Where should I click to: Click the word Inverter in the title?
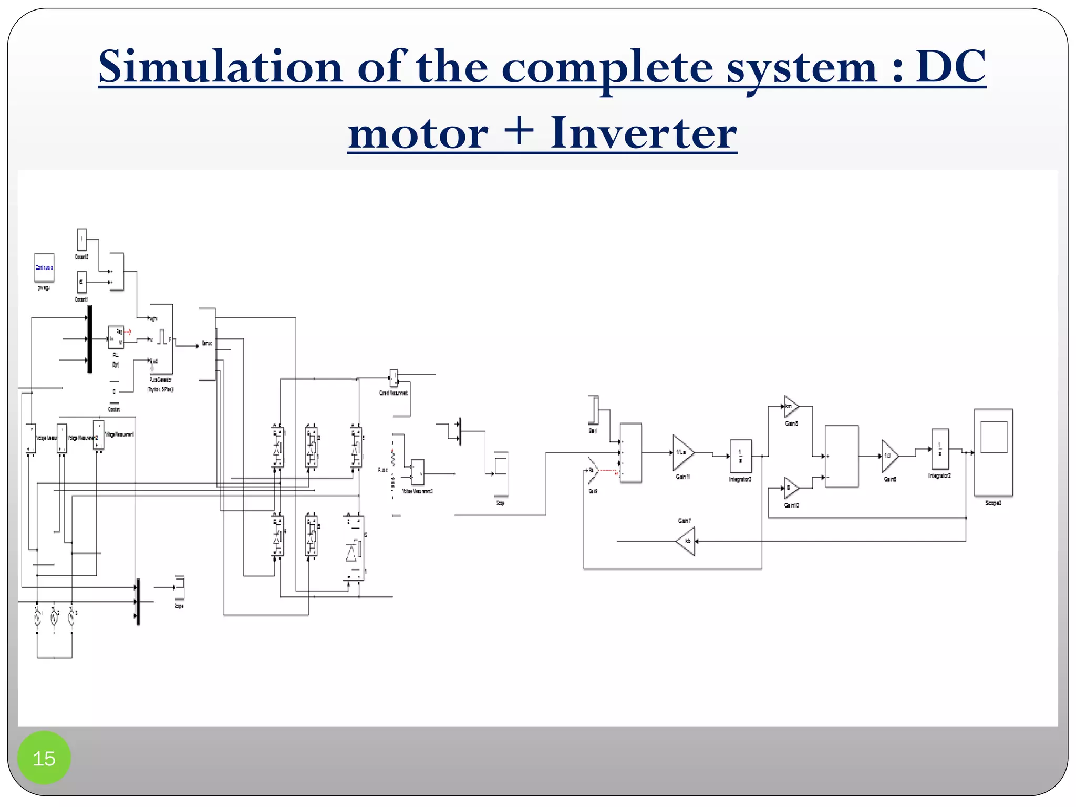point(643,133)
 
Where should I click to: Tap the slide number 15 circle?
point(44,758)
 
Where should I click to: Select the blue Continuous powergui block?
point(44,267)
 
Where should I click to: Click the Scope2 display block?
point(993,452)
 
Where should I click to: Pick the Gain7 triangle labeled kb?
point(686,541)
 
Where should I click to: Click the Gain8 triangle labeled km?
point(791,406)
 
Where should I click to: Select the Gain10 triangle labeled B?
point(791,488)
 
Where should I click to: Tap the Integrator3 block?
point(740,456)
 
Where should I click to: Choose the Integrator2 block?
point(940,449)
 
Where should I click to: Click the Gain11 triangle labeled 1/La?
point(682,452)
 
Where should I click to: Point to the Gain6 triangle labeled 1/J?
point(889,456)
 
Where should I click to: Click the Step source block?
point(593,410)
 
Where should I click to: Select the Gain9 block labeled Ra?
point(592,470)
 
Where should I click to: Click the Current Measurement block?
point(394,377)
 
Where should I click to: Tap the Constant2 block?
point(81,240)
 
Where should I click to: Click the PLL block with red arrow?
point(116,337)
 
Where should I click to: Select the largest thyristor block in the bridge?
point(354,548)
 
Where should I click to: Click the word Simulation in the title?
point(221,67)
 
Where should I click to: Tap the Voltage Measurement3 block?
point(418,472)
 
